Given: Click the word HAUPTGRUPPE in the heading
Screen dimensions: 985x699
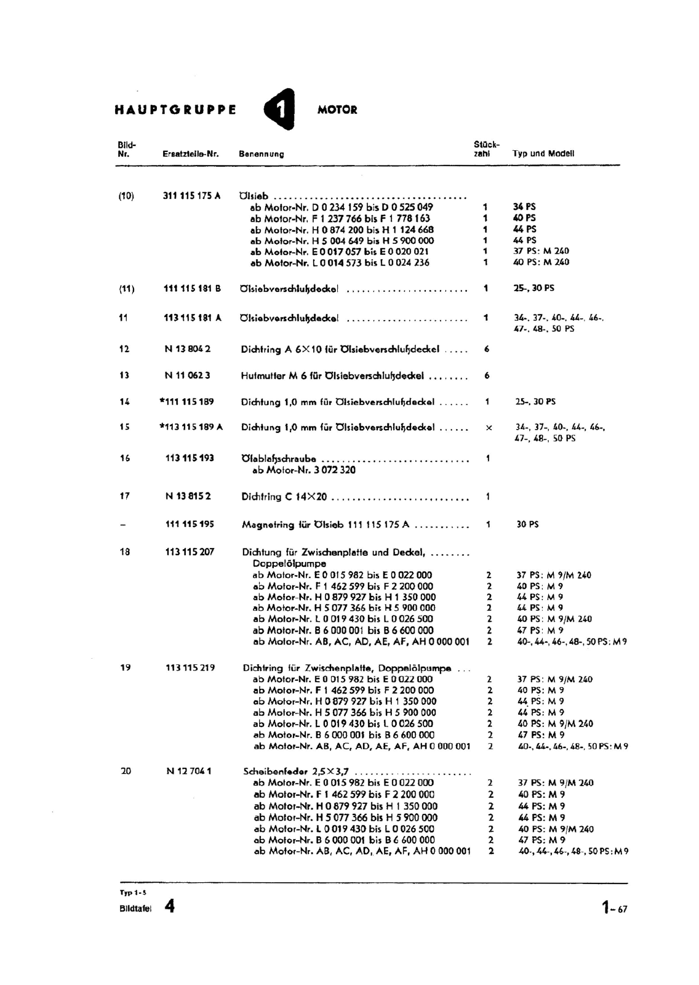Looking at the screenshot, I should [175, 110].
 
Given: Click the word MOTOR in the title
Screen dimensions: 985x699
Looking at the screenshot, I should [337, 110].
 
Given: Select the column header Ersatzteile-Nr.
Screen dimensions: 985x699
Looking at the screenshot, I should [191, 154].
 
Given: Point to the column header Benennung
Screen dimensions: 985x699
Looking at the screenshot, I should [262, 154].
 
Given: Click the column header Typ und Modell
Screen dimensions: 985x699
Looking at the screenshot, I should [543, 153].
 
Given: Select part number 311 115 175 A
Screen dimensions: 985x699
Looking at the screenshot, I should [191, 196].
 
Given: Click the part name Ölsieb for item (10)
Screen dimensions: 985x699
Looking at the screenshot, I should [254, 196].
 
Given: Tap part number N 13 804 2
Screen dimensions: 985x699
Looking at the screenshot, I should [188, 349].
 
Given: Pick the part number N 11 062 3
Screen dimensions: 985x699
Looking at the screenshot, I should [188, 375].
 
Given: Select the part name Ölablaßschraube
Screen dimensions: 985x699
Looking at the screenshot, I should [279, 459].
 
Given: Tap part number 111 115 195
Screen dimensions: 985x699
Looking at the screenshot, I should [190, 524].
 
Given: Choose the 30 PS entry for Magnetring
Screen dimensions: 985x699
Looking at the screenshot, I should [527, 525].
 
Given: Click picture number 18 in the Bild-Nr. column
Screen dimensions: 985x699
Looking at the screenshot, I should [125, 552].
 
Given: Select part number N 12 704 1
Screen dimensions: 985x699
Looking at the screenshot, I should [189, 771].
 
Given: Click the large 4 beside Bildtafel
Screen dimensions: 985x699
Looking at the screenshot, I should [169, 906].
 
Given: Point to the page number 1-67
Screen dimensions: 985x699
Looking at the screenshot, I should [614, 907].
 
